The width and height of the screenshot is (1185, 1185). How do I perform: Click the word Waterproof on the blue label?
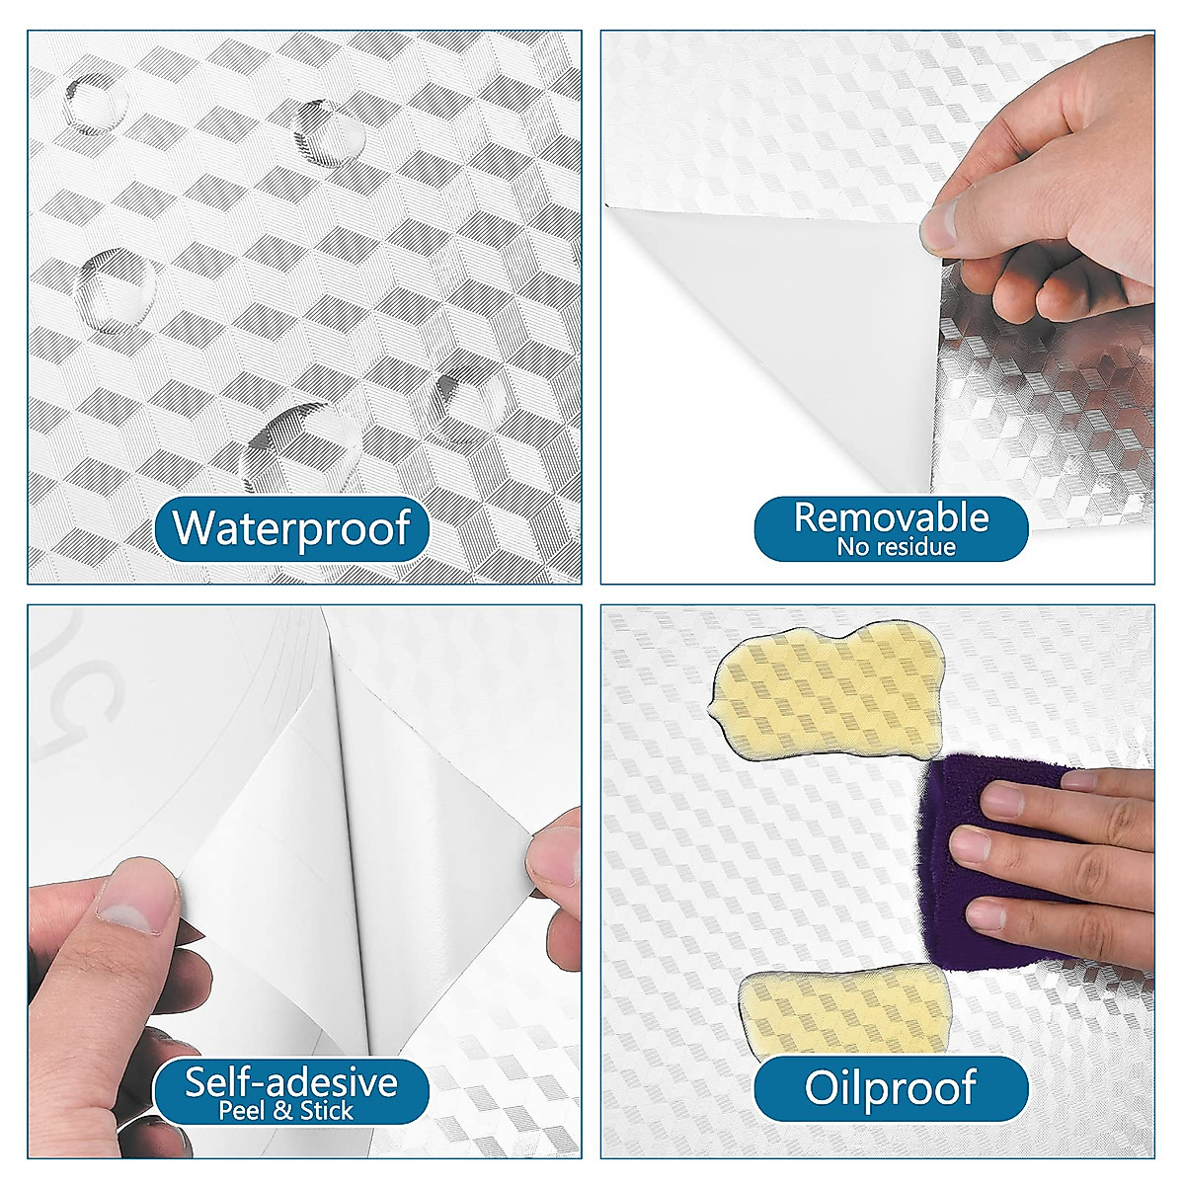point(291,527)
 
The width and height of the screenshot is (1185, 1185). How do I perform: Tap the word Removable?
point(891,517)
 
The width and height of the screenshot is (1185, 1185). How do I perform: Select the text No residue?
point(896,547)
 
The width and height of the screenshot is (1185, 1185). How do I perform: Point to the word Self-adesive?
point(291,1082)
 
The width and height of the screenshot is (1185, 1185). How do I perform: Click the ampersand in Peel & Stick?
point(283,1111)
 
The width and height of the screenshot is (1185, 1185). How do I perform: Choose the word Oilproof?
point(891,1087)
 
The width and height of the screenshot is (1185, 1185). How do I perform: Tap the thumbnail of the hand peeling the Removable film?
point(943,222)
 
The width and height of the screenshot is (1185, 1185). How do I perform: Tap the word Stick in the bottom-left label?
point(327,1111)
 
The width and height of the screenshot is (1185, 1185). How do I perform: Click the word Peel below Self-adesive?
point(242,1111)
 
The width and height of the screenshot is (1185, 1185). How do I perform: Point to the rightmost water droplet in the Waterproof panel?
point(472,403)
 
